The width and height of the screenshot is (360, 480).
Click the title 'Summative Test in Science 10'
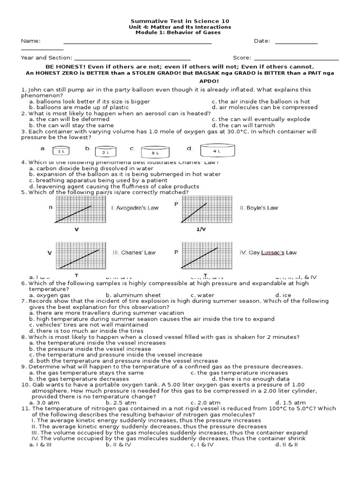[x=180, y=22]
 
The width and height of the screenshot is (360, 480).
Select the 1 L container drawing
[x=61, y=151]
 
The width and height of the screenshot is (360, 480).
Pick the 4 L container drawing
[x=217, y=151]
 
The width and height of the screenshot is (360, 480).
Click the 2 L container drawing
[x=105, y=151]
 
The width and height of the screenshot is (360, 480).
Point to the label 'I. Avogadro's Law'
[x=135, y=208]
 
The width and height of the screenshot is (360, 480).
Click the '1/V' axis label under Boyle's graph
[x=201, y=230]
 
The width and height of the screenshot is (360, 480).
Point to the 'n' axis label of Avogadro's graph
[x=50, y=207]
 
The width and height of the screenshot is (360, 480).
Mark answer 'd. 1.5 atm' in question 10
[x=291, y=402]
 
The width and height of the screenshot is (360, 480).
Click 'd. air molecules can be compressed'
[x=264, y=107]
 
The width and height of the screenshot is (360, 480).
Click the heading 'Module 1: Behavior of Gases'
[x=180, y=33]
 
